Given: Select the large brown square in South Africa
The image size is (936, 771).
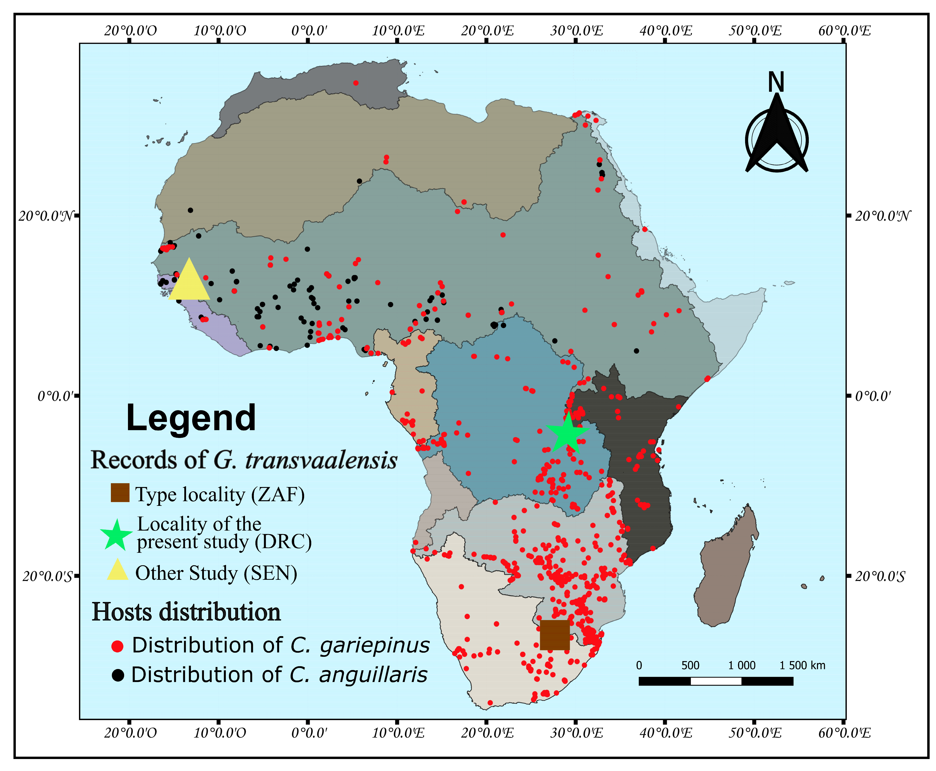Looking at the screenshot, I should tap(555, 635).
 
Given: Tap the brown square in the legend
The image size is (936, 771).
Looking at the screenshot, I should tap(120, 493).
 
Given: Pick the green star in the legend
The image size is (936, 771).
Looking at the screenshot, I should tap(116, 535).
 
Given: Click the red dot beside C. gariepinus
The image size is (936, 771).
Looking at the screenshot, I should tap(117, 646).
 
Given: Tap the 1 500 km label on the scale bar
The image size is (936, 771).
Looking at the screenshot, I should tap(802, 665).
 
